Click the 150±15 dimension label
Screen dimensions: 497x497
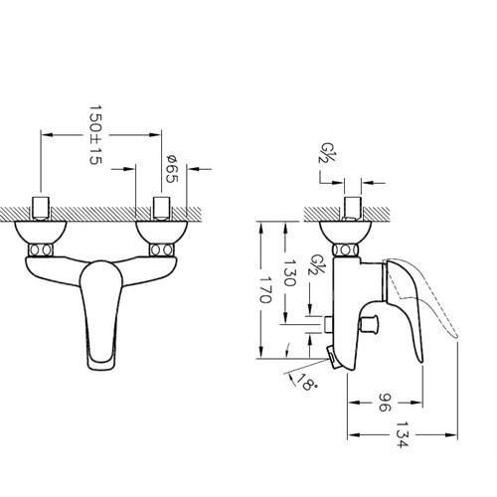95,135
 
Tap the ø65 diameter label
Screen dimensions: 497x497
172,168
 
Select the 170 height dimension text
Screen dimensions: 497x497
265,290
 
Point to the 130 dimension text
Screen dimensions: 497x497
289,272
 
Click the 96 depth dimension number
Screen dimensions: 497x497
385,403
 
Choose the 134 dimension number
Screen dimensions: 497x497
403,434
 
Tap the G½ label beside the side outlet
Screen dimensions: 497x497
315,264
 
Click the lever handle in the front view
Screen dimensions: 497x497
101,315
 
